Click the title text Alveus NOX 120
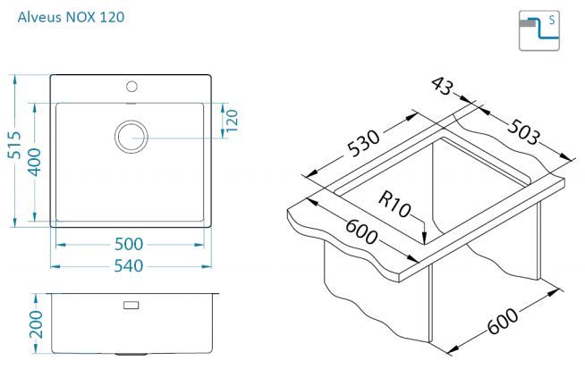pos(71,17)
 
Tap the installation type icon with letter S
pos(539,30)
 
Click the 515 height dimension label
pos(14,145)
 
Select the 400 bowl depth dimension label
pos(34,162)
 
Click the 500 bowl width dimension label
pos(129,244)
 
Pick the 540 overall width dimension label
pos(128,265)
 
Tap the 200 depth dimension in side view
pos(36,324)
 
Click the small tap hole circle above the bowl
pos(131,87)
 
